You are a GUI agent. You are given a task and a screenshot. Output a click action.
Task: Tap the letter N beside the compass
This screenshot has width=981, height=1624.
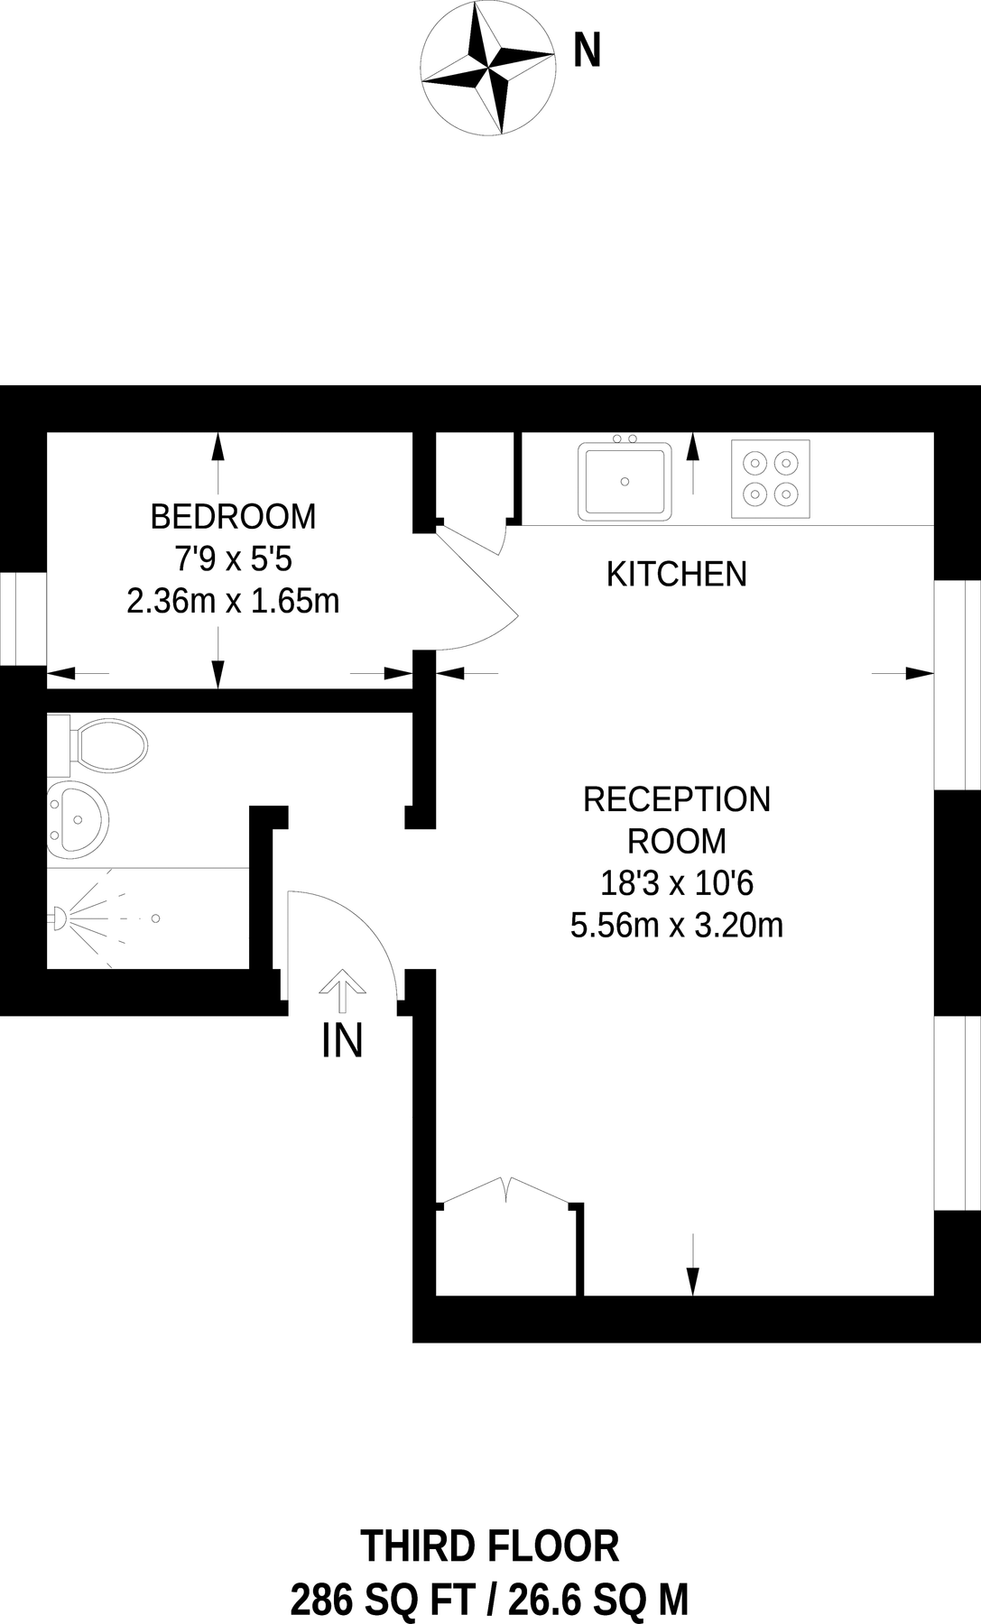[588, 51]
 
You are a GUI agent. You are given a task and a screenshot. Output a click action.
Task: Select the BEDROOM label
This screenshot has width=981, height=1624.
[233, 517]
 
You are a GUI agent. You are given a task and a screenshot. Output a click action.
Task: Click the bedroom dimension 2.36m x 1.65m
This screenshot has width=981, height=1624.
[233, 601]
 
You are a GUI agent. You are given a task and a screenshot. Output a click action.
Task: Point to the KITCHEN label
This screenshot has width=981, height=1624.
[676, 574]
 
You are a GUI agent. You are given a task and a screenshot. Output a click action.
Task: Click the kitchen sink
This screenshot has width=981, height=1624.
[625, 481]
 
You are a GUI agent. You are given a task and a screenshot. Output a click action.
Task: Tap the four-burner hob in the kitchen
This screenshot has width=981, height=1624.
[770, 478]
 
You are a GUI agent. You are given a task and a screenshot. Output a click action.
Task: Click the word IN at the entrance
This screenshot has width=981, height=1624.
[342, 1041]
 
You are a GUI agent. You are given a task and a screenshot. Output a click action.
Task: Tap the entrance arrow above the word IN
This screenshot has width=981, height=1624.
[342, 991]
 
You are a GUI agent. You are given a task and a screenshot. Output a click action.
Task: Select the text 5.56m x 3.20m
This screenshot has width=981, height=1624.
[676, 926]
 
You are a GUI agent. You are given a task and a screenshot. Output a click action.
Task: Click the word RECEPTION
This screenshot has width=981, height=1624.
[676, 799]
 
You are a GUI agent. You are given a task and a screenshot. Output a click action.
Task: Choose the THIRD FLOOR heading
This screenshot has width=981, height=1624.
[489, 1546]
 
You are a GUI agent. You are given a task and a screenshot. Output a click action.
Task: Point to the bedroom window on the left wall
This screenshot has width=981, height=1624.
[23, 619]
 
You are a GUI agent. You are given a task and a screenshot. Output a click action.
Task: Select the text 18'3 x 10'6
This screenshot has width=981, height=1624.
[676, 883]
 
